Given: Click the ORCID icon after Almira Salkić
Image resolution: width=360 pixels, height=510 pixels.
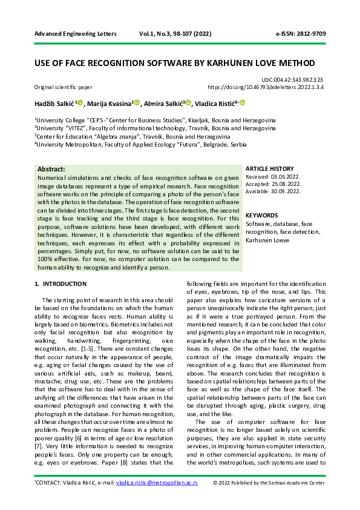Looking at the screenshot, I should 189,103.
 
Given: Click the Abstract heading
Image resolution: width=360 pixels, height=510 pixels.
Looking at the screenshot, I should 51,169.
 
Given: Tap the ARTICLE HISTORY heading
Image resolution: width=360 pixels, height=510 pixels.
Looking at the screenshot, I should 270,168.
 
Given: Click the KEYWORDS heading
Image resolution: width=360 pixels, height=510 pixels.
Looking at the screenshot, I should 262,215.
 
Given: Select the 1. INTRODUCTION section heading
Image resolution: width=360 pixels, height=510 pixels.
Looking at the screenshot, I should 61,284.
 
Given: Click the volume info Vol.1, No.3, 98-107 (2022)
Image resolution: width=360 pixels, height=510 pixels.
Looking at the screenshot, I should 174,35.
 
